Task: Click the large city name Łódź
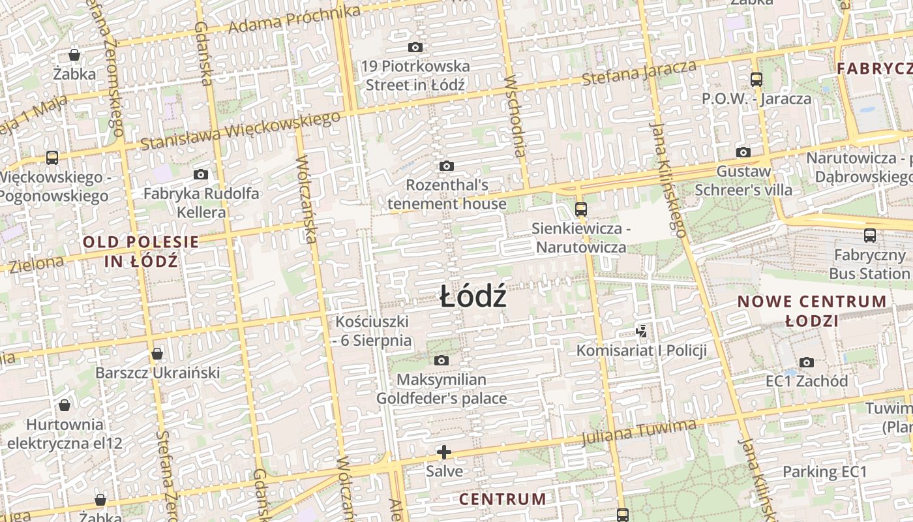point(473,298)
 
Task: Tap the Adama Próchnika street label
point(295,20)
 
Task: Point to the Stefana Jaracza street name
point(639,72)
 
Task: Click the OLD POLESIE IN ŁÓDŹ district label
point(141,251)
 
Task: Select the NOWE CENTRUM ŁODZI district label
point(812,311)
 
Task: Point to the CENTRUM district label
point(503,499)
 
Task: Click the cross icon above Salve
point(444,452)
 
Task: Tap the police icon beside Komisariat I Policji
point(642,331)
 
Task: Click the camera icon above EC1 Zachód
point(807,362)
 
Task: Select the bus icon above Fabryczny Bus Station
point(869,236)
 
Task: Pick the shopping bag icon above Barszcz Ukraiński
point(157,354)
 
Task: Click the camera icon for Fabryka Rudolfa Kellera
point(201,174)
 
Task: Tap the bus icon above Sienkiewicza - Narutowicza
point(580,209)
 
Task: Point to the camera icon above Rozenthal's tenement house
point(447,166)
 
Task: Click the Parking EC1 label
point(824,471)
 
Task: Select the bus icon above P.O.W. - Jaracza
point(756,80)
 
